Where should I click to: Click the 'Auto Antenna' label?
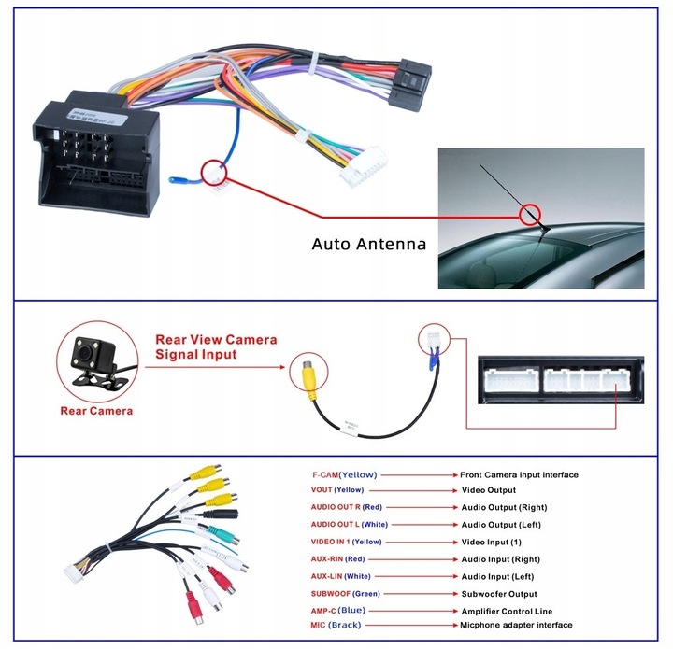(x=368, y=245)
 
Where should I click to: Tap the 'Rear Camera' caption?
(x=96, y=410)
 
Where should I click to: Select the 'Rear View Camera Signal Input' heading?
(x=216, y=346)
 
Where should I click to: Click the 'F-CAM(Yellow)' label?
(x=345, y=474)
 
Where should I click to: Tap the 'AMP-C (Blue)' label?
(x=338, y=609)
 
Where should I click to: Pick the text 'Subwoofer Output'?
(x=499, y=593)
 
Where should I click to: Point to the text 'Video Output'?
(x=489, y=489)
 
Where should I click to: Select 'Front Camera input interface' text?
(x=519, y=474)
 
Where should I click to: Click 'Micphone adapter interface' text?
(x=516, y=625)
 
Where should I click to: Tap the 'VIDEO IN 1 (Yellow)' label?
(x=347, y=542)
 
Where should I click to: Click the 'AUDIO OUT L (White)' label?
(x=350, y=524)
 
